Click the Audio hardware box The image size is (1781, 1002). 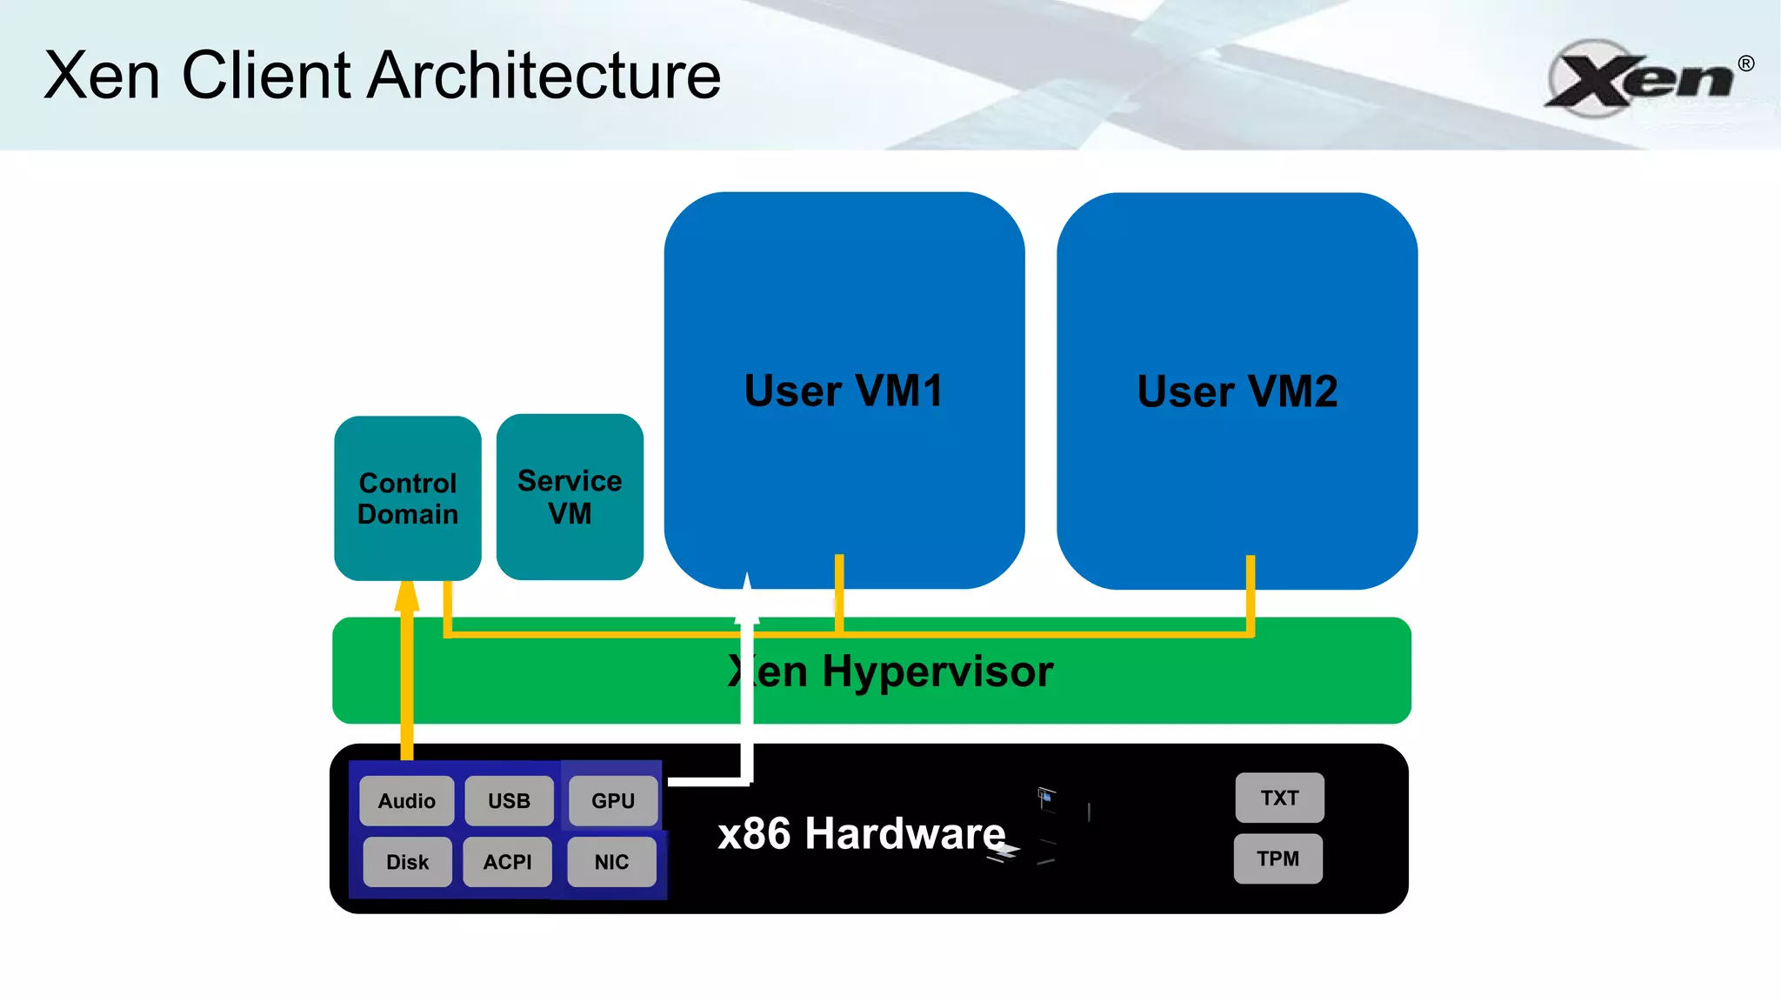(x=406, y=800)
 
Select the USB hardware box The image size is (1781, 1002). (x=509, y=800)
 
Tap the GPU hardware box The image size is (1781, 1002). (x=612, y=800)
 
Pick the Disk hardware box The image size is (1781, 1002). (x=407, y=862)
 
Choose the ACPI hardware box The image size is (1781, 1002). (x=507, y=862)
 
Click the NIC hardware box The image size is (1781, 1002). (x=611, y=862)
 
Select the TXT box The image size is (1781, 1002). (x=1279, y=798)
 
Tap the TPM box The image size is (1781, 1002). (x=1277, y=858)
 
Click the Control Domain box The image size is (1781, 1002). (x=407, y=498)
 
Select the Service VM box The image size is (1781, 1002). (x=570, y=497)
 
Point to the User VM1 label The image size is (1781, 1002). (x=844, y=391)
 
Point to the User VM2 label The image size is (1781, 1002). (x=1237, y=391)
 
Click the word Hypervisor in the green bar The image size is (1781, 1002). (x=937, y=671)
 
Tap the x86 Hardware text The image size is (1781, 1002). (x=861, y=833)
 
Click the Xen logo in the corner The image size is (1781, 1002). (x=1639, y=79)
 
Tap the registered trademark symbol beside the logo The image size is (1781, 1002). (x=1745, y=63)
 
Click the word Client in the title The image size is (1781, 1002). (x=266, y=76)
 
